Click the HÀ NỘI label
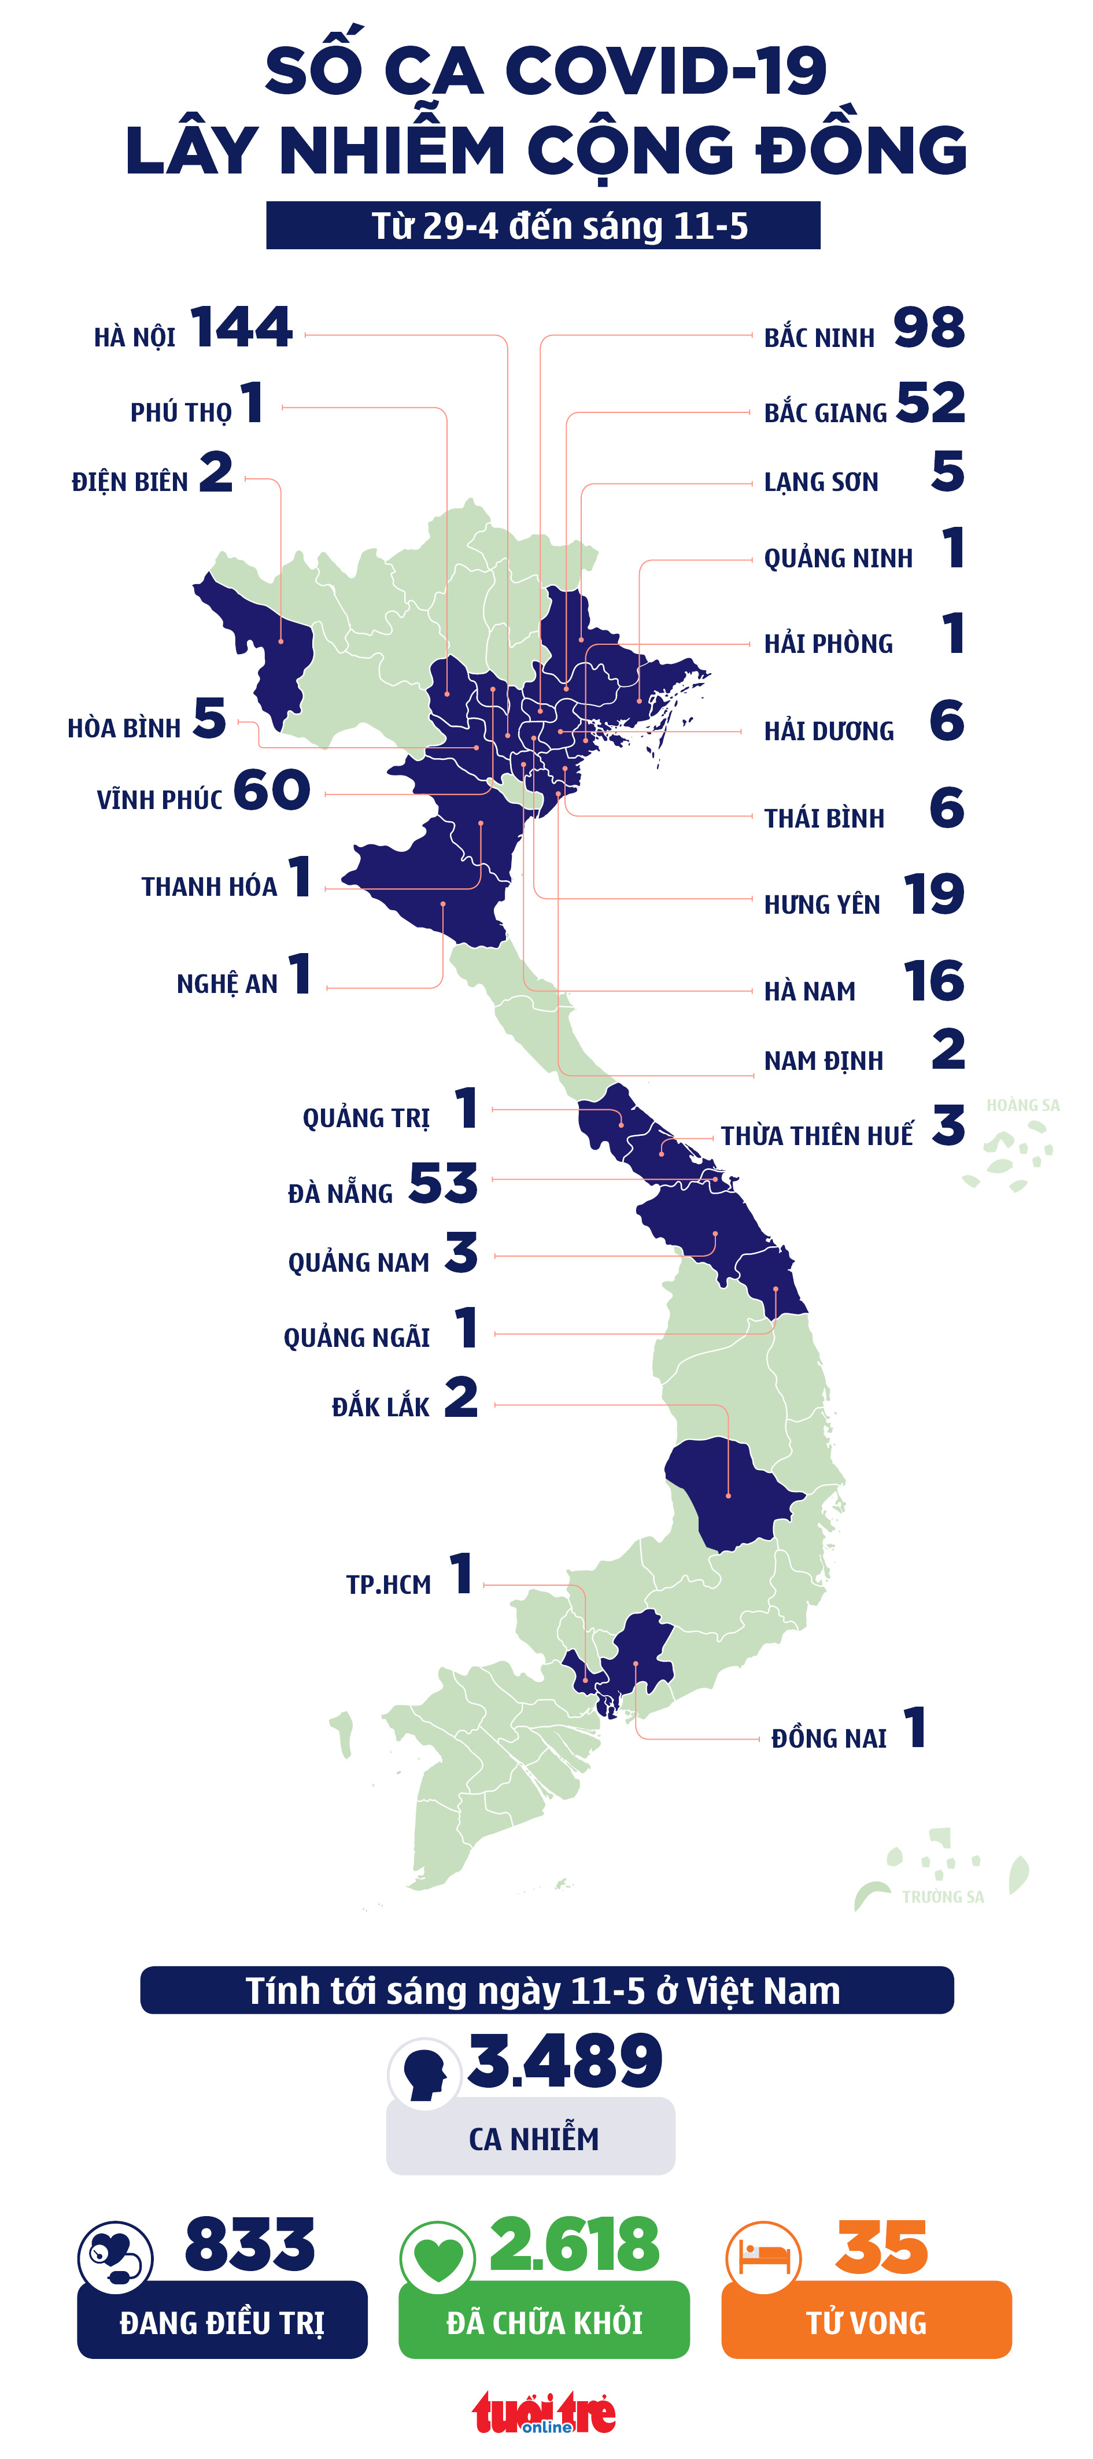[x=135, y=338]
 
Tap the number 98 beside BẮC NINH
[x=929, y=328]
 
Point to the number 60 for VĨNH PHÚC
[x=272, y=791]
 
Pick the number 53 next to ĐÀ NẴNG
[x=443, y=1184]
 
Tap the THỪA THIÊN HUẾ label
[x=816, y=1135]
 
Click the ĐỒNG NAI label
[x=829, y=1738]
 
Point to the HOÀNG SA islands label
[x=1022, y=1105]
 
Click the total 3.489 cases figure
[x=565, y=2061]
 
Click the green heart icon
[x=438, y=2258]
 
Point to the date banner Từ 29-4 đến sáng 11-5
[x=543, y=226]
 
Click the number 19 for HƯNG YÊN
[x=933, y=895]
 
